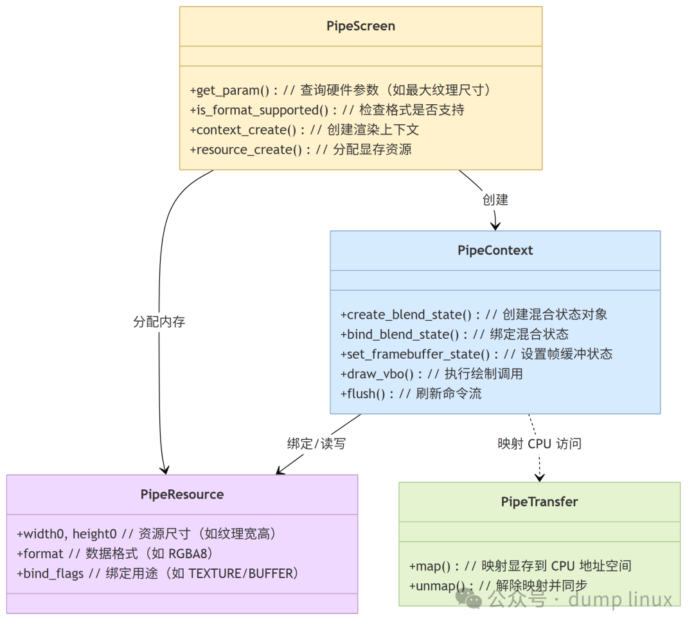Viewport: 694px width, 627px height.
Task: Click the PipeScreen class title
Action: (x=360, y=26)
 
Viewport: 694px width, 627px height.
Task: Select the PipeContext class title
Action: (x=495, y=250)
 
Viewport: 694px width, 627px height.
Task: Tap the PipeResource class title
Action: (x=182, y=494)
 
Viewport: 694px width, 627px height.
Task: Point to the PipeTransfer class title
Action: (x=539, y=502)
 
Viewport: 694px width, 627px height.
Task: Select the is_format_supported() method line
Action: (x=326, y=110)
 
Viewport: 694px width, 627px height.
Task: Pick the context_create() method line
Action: (x=304, y=130)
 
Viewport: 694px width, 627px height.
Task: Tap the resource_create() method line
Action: (x=300, y=150)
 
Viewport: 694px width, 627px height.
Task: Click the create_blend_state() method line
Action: (x=474, y=314)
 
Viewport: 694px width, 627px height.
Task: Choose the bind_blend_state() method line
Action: (x=454, y=334)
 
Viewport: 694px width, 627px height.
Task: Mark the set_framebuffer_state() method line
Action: (x=476, y=354)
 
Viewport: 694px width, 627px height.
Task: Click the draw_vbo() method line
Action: (x=431, y=374)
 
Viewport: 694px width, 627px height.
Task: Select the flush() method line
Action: (x=411, y=394)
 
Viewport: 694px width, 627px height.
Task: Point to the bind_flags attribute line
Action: (x=158, y=573)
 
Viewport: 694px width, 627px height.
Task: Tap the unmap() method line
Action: (x=498, y=586)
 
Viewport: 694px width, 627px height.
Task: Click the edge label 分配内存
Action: (x=159, y=322)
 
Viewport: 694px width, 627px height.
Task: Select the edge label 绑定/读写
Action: (x=316, y=444)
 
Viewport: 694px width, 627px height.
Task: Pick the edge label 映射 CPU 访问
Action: (x=539, y=444)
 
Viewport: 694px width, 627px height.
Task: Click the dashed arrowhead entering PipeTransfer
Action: (x=540, y=477)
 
